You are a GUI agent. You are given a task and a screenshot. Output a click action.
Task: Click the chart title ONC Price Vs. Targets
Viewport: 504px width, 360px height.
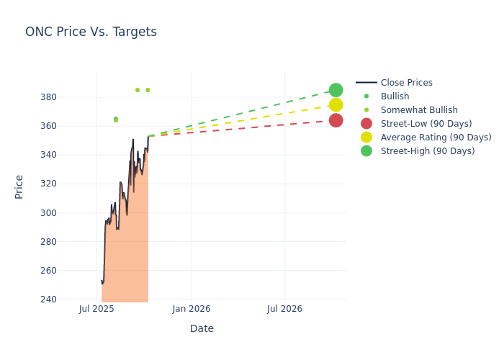point(91,32)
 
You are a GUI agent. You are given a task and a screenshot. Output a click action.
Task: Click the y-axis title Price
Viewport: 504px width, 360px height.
point(19,186)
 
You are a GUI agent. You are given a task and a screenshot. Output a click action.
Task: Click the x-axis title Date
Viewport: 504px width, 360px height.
point(202,328)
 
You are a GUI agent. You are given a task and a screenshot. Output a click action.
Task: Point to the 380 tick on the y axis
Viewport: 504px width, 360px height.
point(68,97)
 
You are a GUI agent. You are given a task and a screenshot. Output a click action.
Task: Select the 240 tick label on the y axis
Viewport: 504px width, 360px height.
point(68,300)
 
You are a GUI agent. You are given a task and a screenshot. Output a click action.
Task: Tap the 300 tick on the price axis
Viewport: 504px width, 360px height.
point(68,212)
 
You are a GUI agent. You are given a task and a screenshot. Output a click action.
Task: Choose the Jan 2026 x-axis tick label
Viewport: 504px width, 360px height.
point(192,309)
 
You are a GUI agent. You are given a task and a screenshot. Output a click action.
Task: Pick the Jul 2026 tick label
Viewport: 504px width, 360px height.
point(284,309)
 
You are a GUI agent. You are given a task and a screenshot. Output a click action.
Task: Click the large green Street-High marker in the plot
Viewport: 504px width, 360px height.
point(336,90)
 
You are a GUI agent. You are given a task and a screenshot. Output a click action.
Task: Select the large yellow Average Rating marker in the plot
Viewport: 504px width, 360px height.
point(336,105)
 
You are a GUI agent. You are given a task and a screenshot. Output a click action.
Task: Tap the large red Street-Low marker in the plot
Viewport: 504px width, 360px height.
point(336,120)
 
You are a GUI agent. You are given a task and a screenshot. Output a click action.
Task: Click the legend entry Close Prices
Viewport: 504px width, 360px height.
point(406,83)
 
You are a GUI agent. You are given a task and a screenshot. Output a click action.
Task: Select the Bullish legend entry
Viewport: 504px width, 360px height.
point(395,96)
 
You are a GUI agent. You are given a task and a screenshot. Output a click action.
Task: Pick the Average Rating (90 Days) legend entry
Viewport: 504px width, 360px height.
point(436,138)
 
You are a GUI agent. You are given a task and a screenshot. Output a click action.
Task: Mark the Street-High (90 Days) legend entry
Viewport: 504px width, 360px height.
point(427,151)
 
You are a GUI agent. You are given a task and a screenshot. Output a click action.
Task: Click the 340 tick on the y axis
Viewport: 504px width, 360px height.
point(68,155)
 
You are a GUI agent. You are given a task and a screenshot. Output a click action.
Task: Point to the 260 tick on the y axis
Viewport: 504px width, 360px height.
point(68,271)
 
